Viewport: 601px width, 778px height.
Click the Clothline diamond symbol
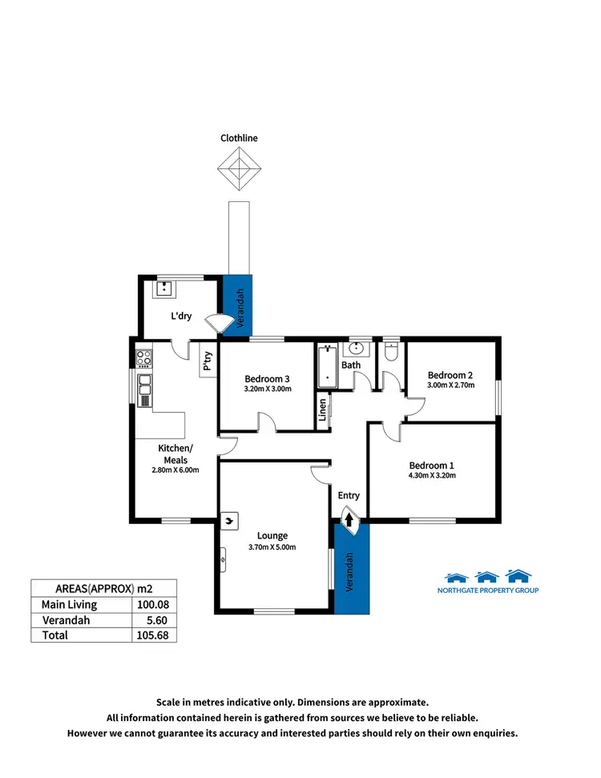240,170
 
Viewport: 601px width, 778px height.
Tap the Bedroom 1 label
431,466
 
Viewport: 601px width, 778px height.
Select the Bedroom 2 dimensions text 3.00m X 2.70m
450,385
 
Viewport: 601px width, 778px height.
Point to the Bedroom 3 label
267,378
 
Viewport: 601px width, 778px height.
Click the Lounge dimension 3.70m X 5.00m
272,547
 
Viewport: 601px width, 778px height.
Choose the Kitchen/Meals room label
175,454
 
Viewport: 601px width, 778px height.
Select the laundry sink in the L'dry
167,289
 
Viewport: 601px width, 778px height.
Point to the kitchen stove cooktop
144,358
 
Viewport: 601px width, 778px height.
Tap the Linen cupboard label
323,409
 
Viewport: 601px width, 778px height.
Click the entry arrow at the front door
350,522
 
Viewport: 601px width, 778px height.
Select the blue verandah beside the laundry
237,304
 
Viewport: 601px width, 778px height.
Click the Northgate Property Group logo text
491,591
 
